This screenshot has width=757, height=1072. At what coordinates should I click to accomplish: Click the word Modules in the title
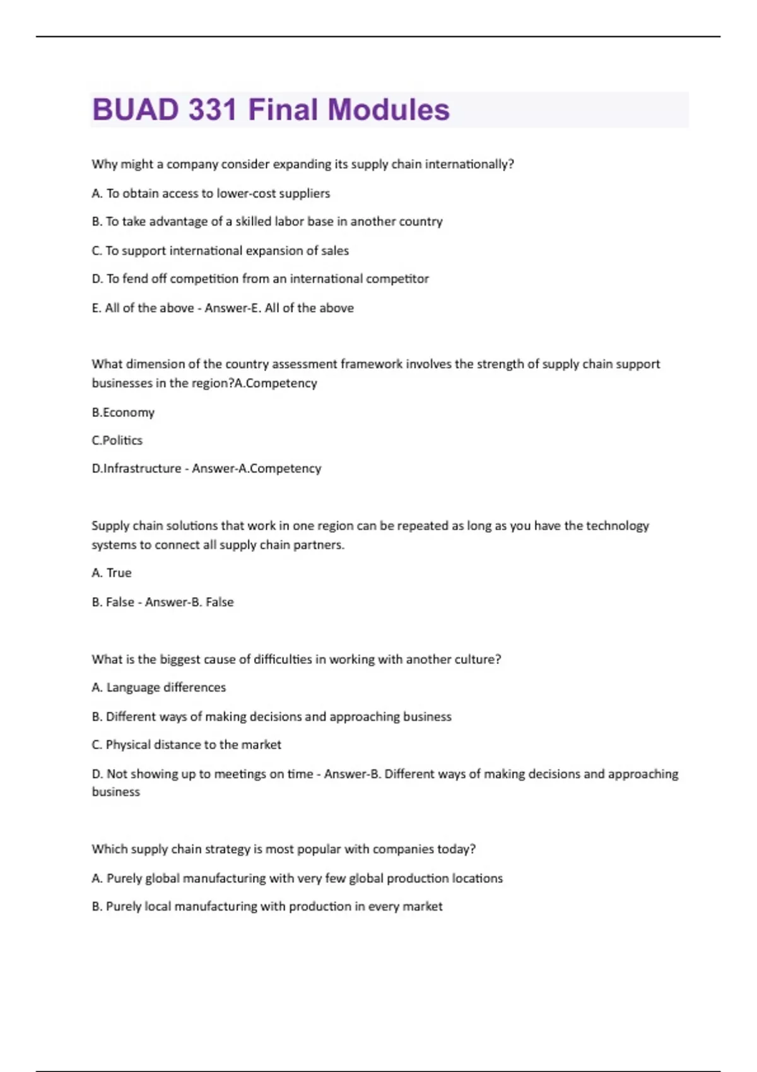389,110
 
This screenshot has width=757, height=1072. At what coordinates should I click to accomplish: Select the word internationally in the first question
469,165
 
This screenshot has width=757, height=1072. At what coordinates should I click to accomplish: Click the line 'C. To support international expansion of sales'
220,251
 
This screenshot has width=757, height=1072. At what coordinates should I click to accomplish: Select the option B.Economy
123,412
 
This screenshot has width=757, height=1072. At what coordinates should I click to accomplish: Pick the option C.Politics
117,440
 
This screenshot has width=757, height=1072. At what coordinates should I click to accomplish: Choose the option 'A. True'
112,573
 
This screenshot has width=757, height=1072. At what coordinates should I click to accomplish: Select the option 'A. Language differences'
159,687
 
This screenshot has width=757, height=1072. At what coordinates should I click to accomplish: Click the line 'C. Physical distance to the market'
187,745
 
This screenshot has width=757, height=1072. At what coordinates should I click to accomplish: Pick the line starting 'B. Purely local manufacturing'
267,907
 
